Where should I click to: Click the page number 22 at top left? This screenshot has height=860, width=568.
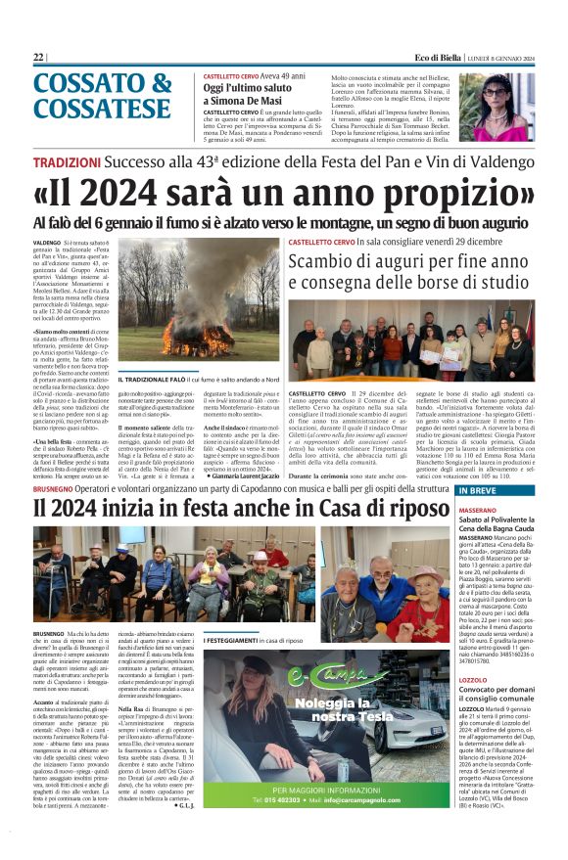coord(38,58)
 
